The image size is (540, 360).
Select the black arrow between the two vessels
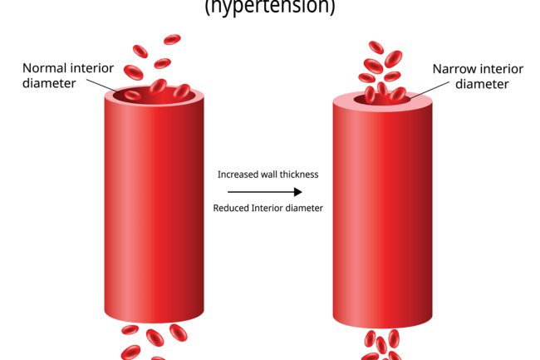(268, 191)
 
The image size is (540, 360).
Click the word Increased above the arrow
(241, 175)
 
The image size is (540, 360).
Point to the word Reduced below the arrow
(235, 208)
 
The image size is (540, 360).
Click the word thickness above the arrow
(297, 175)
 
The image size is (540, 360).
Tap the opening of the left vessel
(154, 95)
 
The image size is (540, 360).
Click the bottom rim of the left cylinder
(154, 319)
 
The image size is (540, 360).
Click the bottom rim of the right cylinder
(382, 323)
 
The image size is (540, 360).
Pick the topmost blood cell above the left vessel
(172, 39)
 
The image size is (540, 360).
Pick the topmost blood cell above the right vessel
(376, 47)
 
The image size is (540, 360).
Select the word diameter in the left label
(49, 83)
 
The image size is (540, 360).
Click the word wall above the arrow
(269, 175)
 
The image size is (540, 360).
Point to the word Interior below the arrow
(271, 208)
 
